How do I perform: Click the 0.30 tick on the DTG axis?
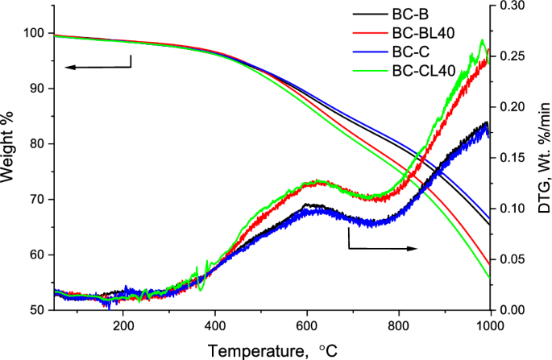[x=513, y=6]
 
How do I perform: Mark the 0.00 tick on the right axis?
[x=513, y=310]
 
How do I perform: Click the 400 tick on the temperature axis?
[x=214, y=325]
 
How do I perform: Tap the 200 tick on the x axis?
[x=123, y=325]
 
